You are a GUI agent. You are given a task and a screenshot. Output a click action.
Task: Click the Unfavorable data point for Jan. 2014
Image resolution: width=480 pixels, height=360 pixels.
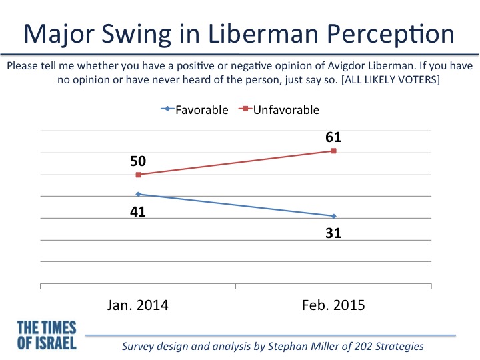(x=139, y=175)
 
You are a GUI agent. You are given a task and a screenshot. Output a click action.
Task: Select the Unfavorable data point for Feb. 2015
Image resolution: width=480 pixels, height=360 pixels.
(x=334, y=151)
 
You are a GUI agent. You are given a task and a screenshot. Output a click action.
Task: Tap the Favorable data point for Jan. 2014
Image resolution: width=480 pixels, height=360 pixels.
(x=138, y=194)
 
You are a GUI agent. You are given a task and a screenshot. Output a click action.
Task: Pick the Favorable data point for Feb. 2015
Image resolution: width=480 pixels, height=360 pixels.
(x=334, y=216)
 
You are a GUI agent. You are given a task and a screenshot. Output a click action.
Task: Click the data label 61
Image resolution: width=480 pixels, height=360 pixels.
(x=333, y=137)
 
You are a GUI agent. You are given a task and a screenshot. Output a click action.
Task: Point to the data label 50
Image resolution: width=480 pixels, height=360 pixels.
(x=138, y=161)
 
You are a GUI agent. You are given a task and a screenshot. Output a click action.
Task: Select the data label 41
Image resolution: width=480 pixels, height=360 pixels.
(x=138, y=211)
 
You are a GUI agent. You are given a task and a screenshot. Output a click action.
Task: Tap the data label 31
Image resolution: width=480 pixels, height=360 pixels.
(x=333, y=233)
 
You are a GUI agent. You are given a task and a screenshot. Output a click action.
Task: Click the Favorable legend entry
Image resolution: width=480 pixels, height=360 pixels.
(x=195, y=109)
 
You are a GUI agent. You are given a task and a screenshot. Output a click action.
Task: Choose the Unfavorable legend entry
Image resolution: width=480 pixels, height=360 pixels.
(x=279, y=109)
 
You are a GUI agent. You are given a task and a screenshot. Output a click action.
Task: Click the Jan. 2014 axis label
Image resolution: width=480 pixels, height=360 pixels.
(x=138, y=305)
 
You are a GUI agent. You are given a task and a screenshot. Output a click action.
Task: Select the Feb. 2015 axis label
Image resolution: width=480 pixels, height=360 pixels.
(x=333, y=305)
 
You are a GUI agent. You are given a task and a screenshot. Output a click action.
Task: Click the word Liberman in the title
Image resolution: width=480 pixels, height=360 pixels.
(x=263, y=34)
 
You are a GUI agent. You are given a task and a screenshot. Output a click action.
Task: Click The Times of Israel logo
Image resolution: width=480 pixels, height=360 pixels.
(x=47, y=335)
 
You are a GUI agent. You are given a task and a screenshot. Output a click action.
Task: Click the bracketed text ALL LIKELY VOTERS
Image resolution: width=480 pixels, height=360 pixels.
(x=391, y=79)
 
